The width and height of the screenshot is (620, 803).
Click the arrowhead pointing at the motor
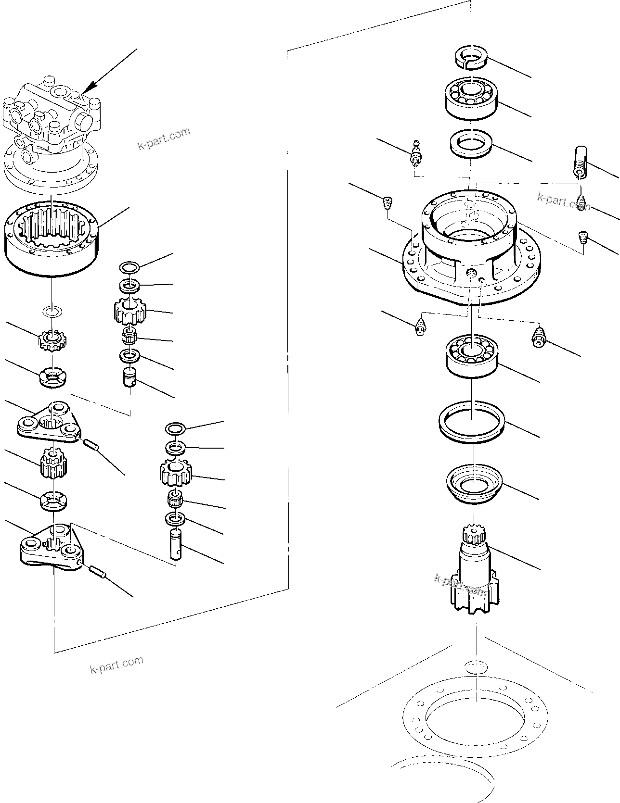tap(87, 89)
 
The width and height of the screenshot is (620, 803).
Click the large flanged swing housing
tap(469, 250)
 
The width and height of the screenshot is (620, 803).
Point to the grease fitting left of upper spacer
tap(416, 152)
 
